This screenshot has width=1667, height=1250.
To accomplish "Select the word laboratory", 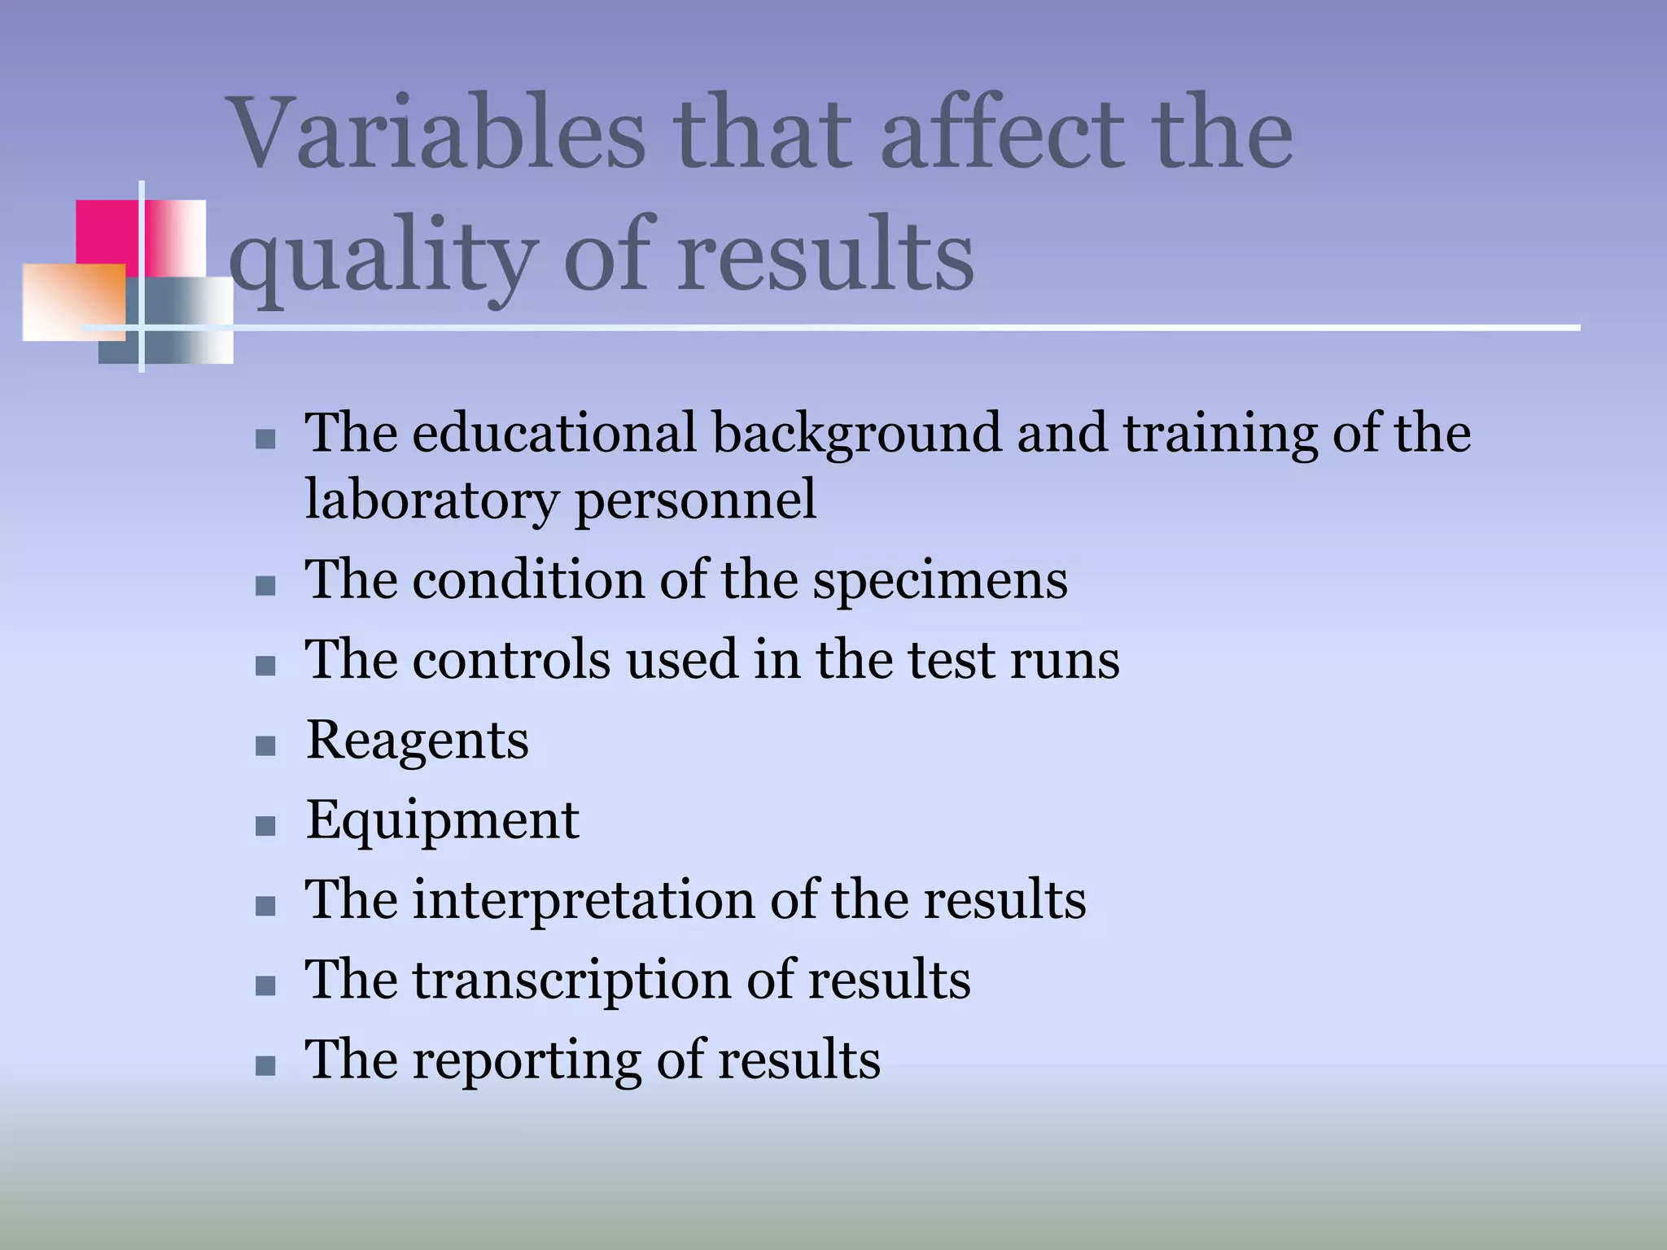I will coord(431,499).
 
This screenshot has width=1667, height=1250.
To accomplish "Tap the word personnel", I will coord(695,499).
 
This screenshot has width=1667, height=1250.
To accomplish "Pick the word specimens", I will coord(940,580).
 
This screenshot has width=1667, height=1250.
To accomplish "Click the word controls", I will coord(511,659).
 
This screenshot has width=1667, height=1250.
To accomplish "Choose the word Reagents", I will coord(417,740).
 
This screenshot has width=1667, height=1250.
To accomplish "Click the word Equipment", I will coord(442,819).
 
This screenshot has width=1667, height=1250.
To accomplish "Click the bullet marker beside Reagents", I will coord(265,745).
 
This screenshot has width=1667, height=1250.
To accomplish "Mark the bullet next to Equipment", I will coord(265,826).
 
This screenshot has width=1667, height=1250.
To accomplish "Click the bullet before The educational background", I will coord(265,439).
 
